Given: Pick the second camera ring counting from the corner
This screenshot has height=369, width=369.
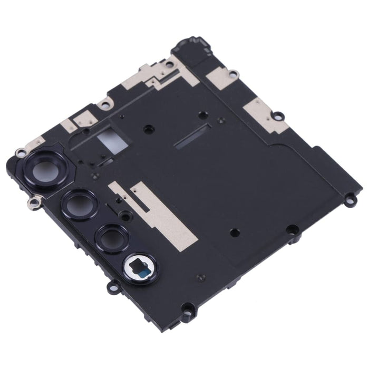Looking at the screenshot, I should tap(79, 202).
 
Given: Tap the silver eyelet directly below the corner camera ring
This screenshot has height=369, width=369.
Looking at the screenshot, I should tap(36, 200).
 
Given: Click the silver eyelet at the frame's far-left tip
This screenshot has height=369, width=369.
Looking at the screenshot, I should tap(20, 153).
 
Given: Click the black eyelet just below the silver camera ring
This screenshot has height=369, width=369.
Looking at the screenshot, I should tap(113, 287).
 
